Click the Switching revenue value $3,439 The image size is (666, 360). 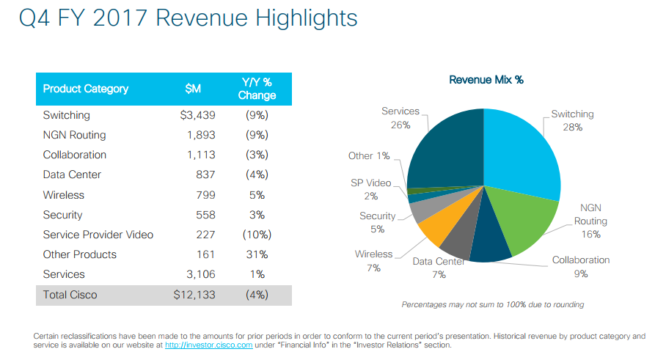pos(197,115)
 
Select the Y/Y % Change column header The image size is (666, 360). pos(257,89)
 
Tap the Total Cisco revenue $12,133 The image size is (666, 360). pos(194,295)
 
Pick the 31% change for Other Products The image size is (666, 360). pos(257,254)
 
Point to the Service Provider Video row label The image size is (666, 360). pos(98,235)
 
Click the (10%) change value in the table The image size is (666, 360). pos(257,235)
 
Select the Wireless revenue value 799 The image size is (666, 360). pos(205,195)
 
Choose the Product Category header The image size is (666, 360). pos(85,89)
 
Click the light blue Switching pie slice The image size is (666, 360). pos(520,151)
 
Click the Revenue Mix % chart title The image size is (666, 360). pos(486,80)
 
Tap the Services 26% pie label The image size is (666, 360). pos(400,118)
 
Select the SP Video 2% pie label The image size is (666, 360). pos(371,189)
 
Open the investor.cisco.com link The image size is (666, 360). pos(208,345)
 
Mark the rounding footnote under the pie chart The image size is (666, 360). pos(493,304)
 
